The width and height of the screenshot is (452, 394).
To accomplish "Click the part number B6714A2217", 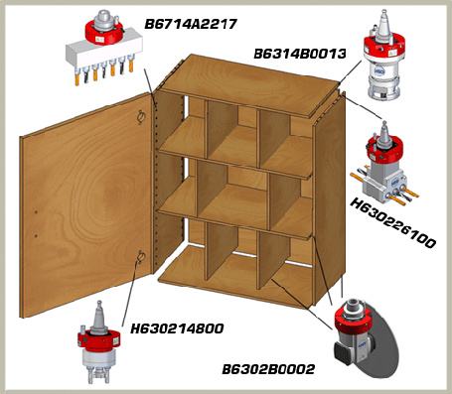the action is coord(191,24).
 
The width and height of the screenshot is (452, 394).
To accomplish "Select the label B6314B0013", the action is coord(300,54).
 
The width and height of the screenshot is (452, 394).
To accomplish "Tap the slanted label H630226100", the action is coord(392,223).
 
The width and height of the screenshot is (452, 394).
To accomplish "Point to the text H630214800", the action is coord(177,328).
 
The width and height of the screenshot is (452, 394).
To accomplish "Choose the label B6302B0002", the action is coord(268,369).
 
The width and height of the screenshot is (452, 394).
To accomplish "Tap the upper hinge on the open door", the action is coord(141,116).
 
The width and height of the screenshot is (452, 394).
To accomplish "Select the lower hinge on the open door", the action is coord(140,257).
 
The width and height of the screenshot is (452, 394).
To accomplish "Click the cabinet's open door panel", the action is coord(86,205).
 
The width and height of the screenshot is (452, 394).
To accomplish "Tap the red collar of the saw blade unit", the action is coord(350,321).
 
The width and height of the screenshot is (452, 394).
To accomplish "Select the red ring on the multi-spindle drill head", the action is coord(104,33).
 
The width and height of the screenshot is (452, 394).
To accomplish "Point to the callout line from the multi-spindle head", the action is coord(149,82).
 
